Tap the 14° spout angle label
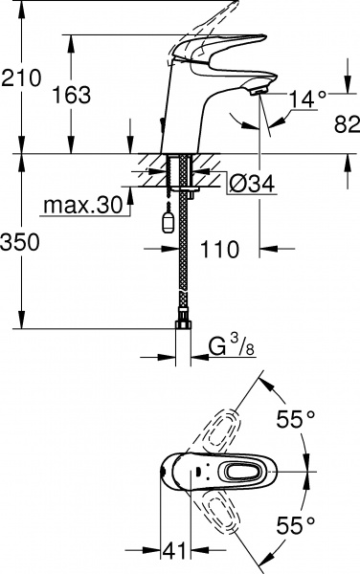click(307, 97)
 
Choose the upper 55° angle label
click(297, 418)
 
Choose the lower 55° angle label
click(297, 523)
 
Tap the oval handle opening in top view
click(238, 471)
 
